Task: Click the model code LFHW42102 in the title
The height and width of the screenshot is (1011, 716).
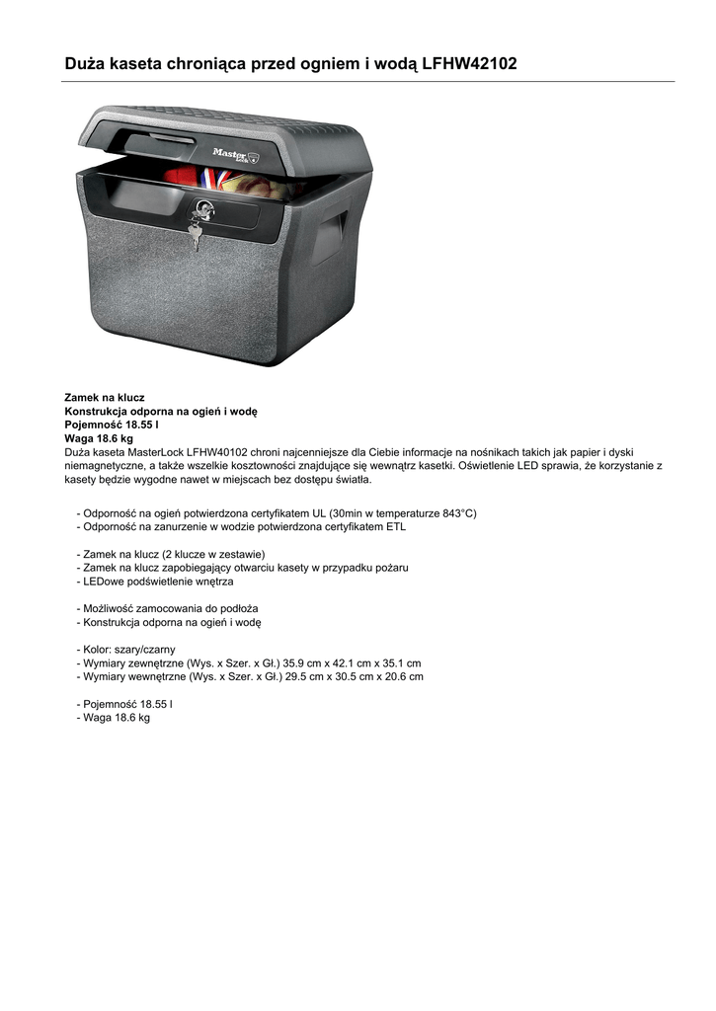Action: pyautogui.click(x=468, y=64)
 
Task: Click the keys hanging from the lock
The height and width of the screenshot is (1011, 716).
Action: pyautogui.click(x=195, y=234)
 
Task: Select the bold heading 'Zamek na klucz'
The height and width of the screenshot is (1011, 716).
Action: pyautogui.click(x=105, y=397)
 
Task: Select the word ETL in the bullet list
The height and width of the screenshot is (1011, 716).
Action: pyautogui.click(x=395, y=527)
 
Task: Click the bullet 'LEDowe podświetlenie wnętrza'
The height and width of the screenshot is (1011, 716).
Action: pyautogui.click(x=158, y=582)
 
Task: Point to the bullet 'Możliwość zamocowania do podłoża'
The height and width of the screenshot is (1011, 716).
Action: pyautogui.click(x=170, y=609)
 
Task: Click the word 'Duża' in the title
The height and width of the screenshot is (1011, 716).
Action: pyautogui.click(x=87, y=64)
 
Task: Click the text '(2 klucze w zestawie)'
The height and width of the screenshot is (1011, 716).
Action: pyautogui.click(x=213, y=554)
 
